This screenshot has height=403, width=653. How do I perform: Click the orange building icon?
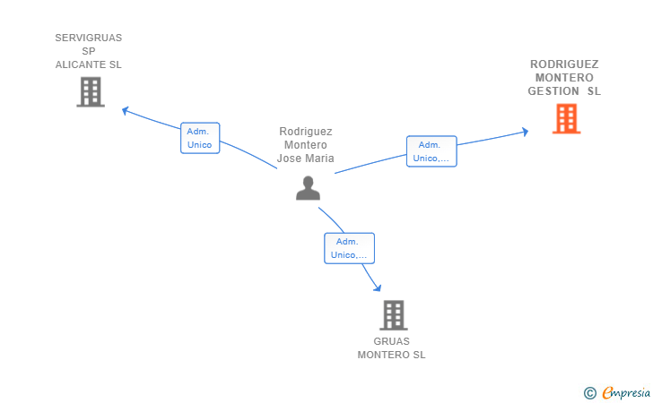pyautogui.click(x=566, y=119)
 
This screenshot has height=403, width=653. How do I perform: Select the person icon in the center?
pyautogui.click(x=309, y=188)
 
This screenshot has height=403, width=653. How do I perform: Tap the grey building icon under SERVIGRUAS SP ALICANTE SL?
pyautogui.click(x=91, y=92)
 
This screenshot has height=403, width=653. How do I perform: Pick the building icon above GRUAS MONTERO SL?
pyautogui.click(x=394, y=315)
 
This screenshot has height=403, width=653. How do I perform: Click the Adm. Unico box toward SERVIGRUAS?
pyautogui.click(x=200, y=138)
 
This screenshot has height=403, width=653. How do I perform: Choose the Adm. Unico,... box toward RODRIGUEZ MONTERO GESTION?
pyautogui.click(x=431, y=151)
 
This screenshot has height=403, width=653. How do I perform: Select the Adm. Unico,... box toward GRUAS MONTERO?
pyautogui.click(x=350, y=248)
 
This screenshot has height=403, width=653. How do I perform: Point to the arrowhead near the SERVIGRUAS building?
pyautogui.click(x=125, y=111)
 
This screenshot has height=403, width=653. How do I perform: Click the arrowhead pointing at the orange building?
pyautogui.click(x=526, y=132)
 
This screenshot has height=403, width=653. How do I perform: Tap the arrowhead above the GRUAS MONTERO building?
pyautogui.click(x=378, y=287)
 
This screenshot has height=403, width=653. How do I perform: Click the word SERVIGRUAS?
pyautogui.click(x=89, y=38)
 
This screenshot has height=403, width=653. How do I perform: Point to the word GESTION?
pyautogui.click(x=553, y=91)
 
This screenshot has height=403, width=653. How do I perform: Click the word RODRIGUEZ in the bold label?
pyautogui.click(x=564, y=64)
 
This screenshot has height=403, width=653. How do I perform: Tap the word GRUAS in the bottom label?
pyautogui.click(x=391, y=341)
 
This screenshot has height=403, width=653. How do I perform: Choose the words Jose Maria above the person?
pyautogui.click(x=306, y=159)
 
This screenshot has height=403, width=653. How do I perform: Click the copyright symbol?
pyautogui.click(x=589, y=393)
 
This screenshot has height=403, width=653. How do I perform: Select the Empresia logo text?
pyautogui.click(x=626, y=393)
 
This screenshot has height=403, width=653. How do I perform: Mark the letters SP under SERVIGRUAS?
pyautogui.click(x=89, y=51)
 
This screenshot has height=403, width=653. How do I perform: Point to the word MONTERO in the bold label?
pyautogui.click(x=564, y=78)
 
